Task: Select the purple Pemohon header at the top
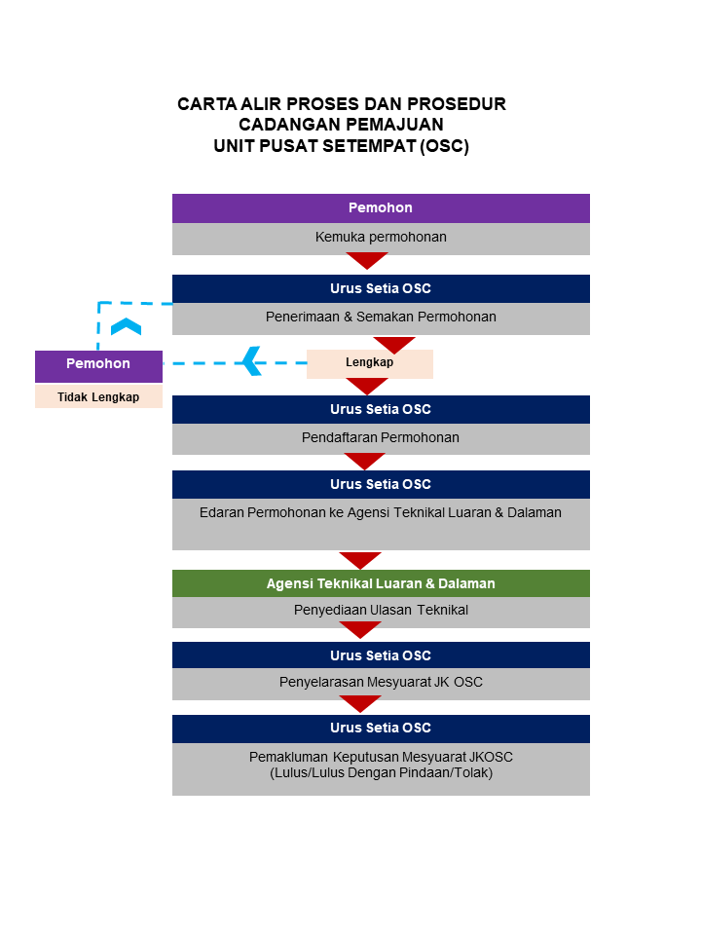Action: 381,208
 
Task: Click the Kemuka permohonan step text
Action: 381,237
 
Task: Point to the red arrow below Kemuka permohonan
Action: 367,260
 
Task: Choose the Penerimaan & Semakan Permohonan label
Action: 381,317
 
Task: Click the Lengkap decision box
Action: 369,362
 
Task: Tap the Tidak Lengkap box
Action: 98,396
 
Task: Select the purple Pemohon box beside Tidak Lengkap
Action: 98,364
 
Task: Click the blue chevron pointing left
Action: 252,361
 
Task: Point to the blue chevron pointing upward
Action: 126,326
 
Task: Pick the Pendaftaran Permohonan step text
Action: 381,437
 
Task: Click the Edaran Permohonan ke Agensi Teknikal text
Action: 381,512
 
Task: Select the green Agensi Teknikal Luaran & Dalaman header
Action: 381,583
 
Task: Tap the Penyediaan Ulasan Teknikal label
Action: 381,611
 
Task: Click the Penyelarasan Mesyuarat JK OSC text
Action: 381,682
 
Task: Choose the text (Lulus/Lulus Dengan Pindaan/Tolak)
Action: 381,773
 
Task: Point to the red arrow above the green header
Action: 359,560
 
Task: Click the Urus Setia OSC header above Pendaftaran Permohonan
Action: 381,409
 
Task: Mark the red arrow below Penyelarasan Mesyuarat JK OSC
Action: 359,703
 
